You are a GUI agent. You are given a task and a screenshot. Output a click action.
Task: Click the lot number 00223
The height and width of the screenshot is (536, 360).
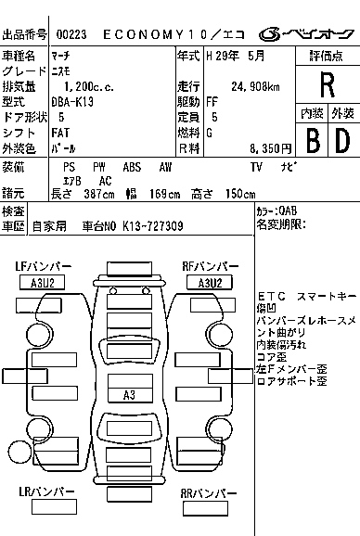72,34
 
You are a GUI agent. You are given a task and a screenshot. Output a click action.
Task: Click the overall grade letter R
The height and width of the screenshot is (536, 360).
326,84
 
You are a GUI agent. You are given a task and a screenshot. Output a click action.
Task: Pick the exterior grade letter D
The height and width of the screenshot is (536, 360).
341,141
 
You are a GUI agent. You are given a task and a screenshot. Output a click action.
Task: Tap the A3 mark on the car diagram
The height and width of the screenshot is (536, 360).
130,396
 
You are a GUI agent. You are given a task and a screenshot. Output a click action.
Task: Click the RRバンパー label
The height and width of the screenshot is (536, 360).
208,494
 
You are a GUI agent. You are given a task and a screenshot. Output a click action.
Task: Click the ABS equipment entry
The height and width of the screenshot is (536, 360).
131,166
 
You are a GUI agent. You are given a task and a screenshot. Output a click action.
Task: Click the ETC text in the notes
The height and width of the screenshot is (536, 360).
271,296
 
